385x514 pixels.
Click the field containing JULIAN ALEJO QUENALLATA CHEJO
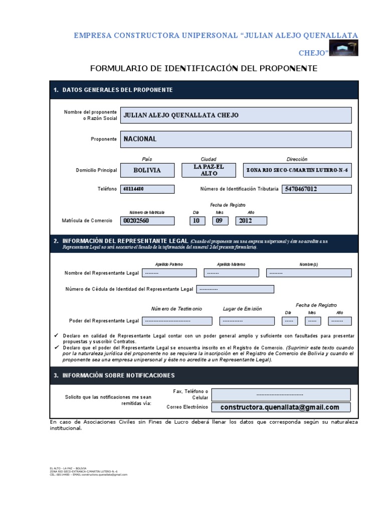point(235,115)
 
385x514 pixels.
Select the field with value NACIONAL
point(235,139)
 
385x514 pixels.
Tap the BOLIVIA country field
point(147,170)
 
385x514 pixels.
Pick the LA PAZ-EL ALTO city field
point(209,170)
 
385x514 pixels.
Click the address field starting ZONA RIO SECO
point(297,170)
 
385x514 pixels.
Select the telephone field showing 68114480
point(147,189)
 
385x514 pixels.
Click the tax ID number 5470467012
point(317,189)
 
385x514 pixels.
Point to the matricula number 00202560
point(147,220)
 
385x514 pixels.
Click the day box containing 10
point(197,220)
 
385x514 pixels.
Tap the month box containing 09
point(221,220)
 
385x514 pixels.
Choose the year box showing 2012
point(251,220)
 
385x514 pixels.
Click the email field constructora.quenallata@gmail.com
point(281,407)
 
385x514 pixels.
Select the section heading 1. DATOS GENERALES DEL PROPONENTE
point(113,90)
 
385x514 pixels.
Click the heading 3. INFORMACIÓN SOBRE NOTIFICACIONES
point(114,375)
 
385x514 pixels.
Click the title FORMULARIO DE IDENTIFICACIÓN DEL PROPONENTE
point(204,68)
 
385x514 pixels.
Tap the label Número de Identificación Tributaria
point(239,189)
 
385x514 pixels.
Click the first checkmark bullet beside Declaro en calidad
point(56,335)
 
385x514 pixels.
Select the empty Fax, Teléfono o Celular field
point(281,395)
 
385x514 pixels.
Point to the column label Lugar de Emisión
point(242,309)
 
